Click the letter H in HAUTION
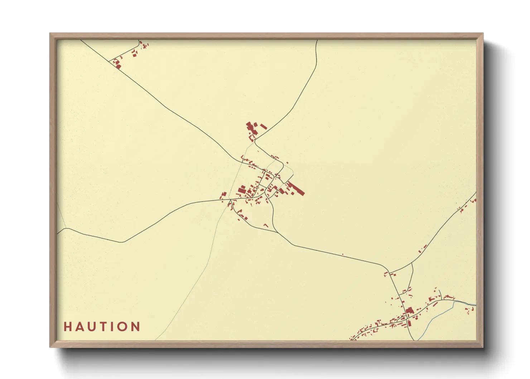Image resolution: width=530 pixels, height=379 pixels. (67, 327)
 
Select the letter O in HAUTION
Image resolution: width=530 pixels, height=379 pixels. (122, 327)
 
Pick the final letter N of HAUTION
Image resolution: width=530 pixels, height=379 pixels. (135, 327)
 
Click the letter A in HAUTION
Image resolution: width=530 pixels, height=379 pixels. (79, 327)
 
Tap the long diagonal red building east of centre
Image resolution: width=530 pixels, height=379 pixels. (295, 188)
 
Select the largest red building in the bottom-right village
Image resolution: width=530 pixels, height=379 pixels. (409, 310)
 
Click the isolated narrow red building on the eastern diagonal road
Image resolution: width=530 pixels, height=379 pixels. (423, 248)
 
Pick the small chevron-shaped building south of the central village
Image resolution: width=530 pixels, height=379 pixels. (266, 225)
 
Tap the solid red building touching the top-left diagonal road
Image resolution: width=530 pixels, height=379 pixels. (118, 66)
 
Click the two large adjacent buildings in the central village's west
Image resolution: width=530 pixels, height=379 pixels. (241, 189)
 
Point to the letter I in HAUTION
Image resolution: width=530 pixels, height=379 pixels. (112, 327)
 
